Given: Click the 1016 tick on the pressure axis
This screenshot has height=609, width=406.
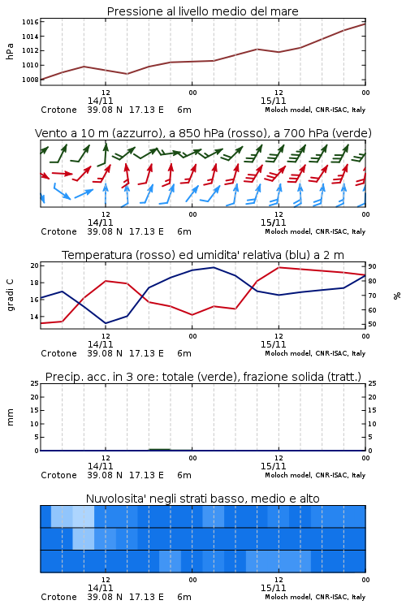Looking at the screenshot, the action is click(30, 22).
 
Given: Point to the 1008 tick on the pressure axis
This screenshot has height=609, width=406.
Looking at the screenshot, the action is click(30, 80).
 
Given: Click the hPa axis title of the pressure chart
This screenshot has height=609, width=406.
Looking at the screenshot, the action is click(10, 51).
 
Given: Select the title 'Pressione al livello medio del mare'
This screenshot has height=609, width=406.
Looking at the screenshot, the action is click(203, 11).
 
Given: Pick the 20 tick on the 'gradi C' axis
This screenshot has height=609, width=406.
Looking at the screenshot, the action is click(35, 266).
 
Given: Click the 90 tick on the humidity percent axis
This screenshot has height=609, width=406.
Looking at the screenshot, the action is click(372, 266).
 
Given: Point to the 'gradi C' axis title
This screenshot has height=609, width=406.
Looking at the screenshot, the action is click(11, 296).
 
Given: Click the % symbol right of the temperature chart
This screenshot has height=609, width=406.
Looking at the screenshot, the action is click(397, 296).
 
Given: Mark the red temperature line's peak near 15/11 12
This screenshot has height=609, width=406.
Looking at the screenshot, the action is click(279, 267).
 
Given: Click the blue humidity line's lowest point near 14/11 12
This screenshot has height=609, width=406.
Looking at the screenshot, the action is click(106, 323).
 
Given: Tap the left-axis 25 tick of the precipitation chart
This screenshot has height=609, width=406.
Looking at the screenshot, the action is click(35, 383).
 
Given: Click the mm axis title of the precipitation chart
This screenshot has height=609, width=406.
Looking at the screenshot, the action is click(10, 417).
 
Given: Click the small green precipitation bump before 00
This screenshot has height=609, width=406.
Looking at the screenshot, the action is click(160, 449).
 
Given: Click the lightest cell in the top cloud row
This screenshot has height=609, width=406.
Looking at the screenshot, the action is click(84, 516).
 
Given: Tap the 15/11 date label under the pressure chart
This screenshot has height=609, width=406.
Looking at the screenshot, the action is click(273, 101).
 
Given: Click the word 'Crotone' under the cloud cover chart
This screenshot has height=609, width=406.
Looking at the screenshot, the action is click(58, 597).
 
